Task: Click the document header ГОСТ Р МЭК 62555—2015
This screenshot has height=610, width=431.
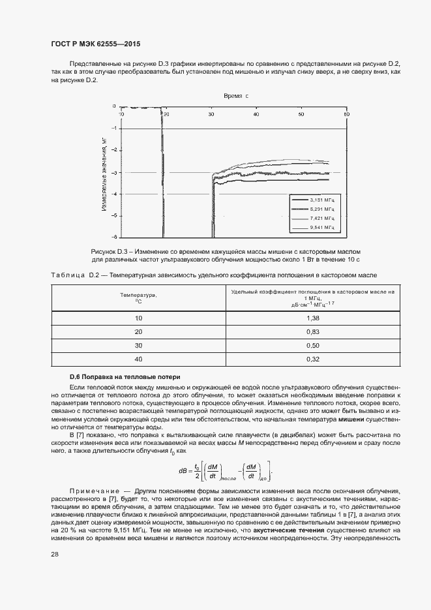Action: click(x=95, y=44)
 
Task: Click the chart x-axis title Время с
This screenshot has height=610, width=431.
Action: click(x=236, y=96)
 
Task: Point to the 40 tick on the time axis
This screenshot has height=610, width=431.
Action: click(x=256, y=114)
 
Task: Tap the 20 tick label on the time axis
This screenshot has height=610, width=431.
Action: click(x=166, y=114)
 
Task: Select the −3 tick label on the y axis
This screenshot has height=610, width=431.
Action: click(x=114, y=172)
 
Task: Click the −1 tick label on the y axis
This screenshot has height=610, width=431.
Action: click(x=114, y=129)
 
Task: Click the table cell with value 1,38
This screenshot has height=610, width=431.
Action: click(x=312, y=318)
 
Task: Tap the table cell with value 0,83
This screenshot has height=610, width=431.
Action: click(x=312, y=331)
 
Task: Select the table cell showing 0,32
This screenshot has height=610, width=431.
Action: click(x=312, y=359)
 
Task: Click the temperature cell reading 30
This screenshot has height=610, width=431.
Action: click(x=138, y=345)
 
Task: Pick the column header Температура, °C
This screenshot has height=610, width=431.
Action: click(x=138, y=298)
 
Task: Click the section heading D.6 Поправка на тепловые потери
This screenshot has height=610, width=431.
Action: click(x=121, y=377)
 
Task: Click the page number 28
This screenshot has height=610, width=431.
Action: click(x=54, y=554)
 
